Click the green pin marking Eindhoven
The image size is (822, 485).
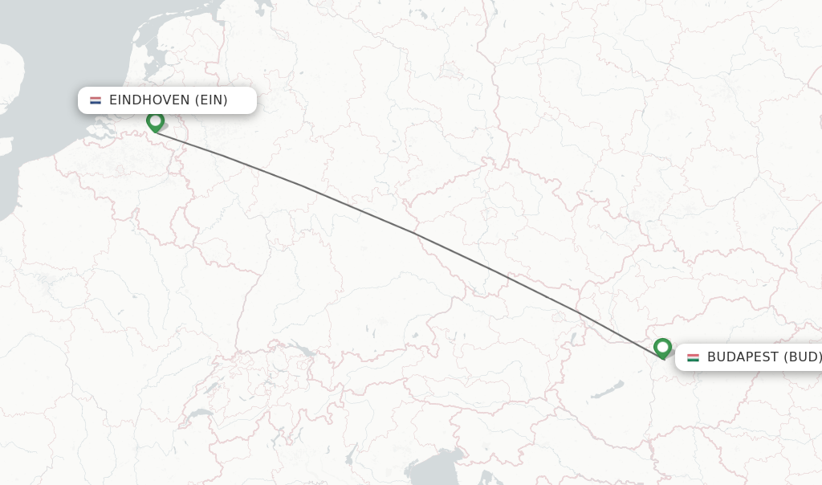156,121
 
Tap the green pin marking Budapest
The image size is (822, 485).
662,348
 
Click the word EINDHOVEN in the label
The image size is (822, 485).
150,100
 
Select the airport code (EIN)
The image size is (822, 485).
211,100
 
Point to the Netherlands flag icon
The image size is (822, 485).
96,100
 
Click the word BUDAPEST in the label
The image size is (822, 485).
743,357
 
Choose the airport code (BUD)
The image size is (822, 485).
803,357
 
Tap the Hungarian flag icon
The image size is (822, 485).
693,357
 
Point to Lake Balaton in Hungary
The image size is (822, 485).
608,389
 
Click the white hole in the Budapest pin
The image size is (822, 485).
662,346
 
